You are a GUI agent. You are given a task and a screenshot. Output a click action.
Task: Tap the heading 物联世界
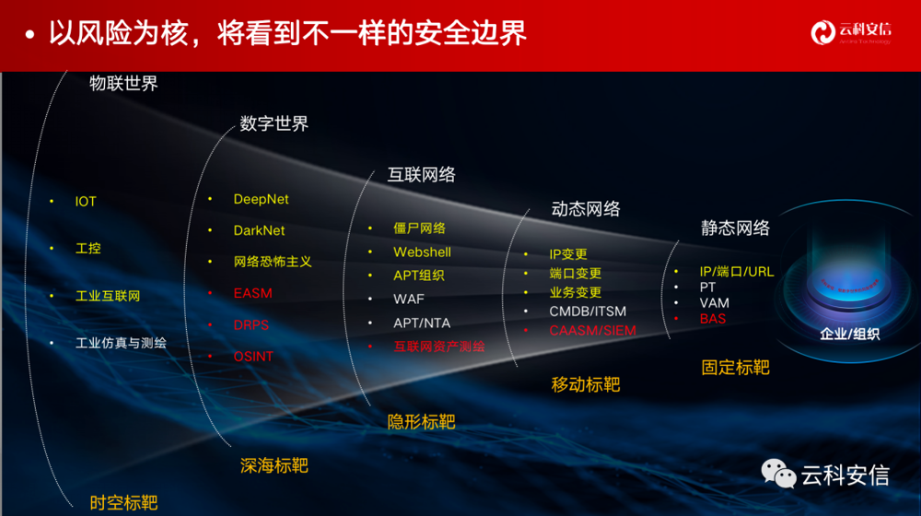[123, 83]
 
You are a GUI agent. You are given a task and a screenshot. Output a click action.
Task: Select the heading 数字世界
[274, 123]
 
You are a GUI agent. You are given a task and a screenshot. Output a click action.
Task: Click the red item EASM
[253, 293]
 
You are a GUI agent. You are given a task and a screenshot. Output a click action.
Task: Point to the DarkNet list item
[259, 230]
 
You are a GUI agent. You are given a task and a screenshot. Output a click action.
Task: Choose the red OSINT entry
[253, 356]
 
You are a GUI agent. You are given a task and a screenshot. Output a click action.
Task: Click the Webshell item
[422, 252]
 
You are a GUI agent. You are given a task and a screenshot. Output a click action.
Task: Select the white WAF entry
[409, 299]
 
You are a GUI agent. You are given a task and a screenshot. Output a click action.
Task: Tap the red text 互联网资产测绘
[439, 346]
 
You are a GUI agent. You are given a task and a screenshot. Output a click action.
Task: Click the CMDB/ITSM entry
[588, 311]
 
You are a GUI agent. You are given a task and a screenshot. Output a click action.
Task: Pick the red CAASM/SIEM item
[592, 330]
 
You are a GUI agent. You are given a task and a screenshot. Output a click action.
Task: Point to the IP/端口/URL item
[737, 272]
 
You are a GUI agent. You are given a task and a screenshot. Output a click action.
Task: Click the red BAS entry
[713, 319]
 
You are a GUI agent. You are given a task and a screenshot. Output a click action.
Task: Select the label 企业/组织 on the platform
[849, 334]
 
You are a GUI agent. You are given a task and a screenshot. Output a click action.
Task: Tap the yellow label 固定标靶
[735, 367]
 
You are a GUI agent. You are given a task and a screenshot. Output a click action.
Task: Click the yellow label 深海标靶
[274, 465]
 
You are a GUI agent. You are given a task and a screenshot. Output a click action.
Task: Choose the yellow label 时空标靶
[123, 502]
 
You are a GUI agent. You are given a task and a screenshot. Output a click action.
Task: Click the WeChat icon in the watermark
[778, 474]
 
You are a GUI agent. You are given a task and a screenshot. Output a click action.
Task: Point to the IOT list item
[86, 202]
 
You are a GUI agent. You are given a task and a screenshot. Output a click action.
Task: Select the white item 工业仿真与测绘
[121, 343]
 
